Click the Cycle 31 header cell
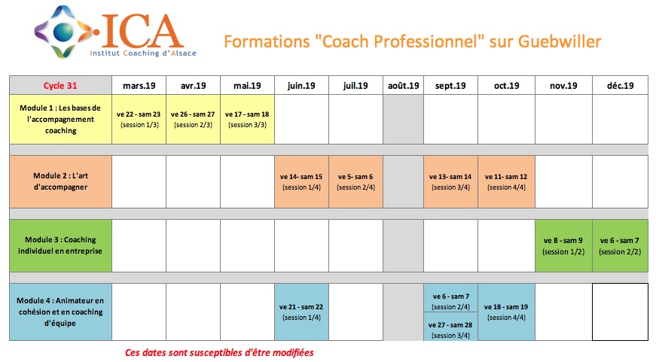(x=61, y=85)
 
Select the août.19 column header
(x=403, y=85)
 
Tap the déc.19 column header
(x=620, y=85)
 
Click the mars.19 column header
(x=139, y=85)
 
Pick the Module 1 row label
(x=61, y=119)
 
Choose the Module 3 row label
(x=61, y=245)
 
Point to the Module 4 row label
(x=61, y=312)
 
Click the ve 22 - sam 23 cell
(x=139, y=119)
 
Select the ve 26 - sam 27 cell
(x=194, y=119)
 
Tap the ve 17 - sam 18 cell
(x=247, y=119)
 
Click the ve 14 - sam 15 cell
(x=302, y=182)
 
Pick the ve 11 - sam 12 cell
(x=506, y=182)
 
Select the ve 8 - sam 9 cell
(x=563, y=245)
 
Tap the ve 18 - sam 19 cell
(x=506, y=312)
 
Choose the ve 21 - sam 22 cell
(x=302, y=312)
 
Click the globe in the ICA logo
(x=63, y=32)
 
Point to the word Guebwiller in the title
(x=560, y=41)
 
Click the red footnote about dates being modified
(x=219, y=352)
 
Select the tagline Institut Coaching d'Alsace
(x=143, y=53)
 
